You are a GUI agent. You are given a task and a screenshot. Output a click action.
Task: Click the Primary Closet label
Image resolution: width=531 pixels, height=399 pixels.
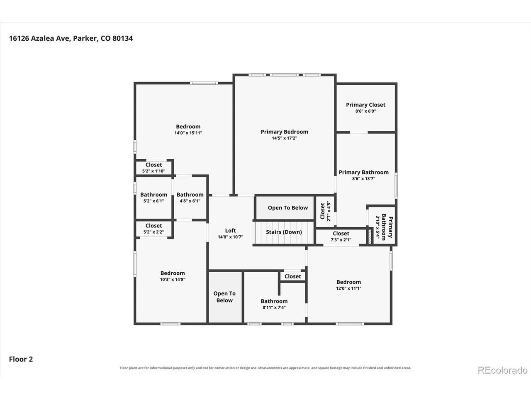[365, 105]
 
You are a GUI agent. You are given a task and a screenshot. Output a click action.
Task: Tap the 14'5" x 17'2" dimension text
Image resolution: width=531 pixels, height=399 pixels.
[284, 138]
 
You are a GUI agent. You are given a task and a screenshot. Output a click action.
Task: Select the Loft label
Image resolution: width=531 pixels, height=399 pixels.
[230, 230]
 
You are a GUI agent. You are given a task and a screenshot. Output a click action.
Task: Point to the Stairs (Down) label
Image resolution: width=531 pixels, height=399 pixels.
[284, 232]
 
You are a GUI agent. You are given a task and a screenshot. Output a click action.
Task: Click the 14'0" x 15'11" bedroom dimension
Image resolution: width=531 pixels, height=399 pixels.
[188, 133]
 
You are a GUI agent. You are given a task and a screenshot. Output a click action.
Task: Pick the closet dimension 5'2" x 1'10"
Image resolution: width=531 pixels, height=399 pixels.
[153, 171]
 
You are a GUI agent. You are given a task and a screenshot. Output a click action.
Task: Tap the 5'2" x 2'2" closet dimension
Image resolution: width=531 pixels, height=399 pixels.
[153, 232]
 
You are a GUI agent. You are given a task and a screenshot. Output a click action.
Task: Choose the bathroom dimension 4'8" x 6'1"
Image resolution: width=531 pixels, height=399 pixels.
[190, 201]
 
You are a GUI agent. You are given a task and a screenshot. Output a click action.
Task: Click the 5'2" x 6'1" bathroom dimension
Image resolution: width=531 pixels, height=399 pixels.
[153, 201]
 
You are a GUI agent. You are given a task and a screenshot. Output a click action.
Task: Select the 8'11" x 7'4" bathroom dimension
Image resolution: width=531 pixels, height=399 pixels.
[274, 308]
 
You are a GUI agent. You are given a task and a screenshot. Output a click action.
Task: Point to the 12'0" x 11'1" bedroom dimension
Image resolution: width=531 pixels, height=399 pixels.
[348, 288]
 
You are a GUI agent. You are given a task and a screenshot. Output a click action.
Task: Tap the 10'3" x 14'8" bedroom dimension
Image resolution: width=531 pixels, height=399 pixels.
[173, 279]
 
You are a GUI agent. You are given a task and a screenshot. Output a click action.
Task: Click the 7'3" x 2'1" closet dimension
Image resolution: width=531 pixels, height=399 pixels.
[341, 240]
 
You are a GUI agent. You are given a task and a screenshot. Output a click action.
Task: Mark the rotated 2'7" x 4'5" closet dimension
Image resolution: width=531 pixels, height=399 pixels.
[329, 211]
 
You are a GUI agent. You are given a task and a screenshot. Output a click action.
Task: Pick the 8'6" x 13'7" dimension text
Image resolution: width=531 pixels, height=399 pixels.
[363, 179]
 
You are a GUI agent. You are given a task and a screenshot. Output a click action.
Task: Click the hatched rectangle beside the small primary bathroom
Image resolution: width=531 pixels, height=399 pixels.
[369, 236]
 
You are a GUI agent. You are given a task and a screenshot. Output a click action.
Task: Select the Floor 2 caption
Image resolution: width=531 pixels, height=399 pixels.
[21, 359]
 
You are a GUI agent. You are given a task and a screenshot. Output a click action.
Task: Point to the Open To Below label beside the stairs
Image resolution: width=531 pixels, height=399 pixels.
[287, 208]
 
